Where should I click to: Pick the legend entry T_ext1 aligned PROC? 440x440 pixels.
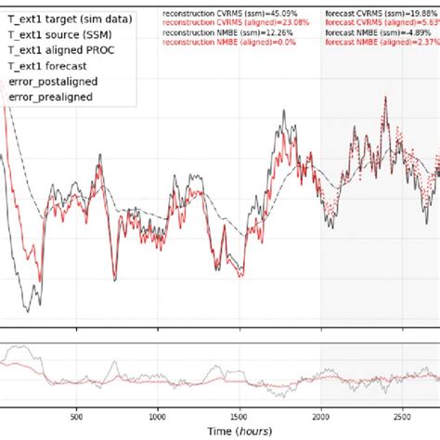point(65,51)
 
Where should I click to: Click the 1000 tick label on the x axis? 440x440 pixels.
point(158,416)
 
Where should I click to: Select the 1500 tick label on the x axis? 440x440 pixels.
point(239,416)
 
